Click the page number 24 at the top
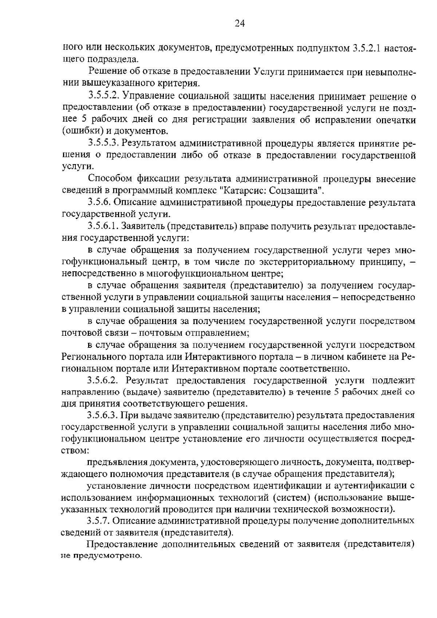coord(239,24)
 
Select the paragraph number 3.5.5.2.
coord(104,96)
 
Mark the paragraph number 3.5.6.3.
coord(104,416)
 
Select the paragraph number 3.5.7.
coord(100,521)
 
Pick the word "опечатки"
coord(395,120)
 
